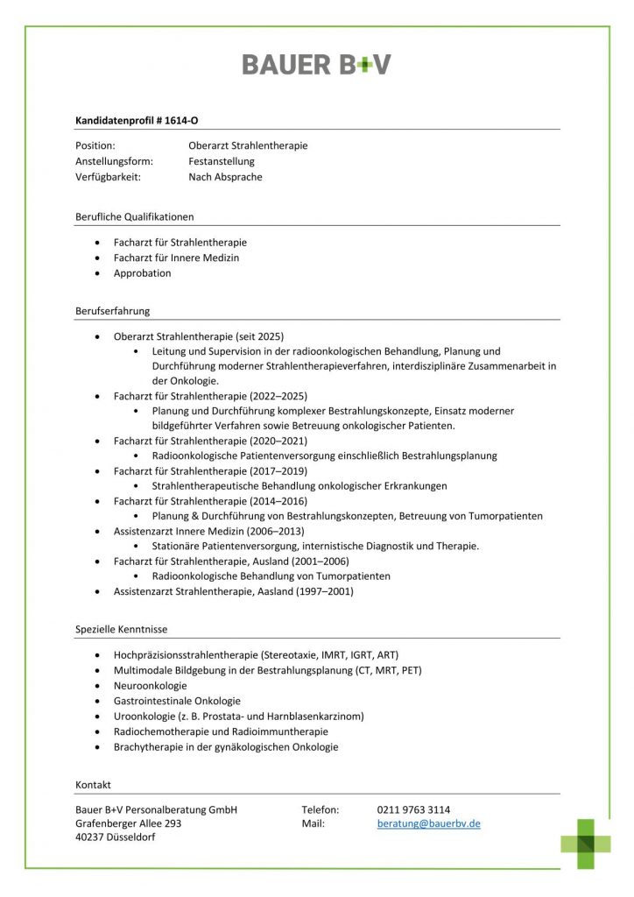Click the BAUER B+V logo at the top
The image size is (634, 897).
click(316, 64)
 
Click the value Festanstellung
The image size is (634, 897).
click(221, 161)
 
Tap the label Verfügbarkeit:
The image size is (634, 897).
click(108, 177)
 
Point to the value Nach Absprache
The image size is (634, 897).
click(225, 177)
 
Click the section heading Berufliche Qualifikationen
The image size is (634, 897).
click(135, 216)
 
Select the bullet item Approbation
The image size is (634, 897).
click(142, 273)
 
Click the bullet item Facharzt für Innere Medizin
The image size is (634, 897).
click(176, 258)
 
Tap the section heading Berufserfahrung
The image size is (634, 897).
click(113, 311)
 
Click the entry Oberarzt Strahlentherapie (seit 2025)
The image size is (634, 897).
click(199, 336)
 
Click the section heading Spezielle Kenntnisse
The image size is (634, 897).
click(122, 629)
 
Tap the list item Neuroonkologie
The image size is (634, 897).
click(150, 686)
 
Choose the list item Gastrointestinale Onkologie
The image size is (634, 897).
click(177, 701)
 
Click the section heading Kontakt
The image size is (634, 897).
click(94, 784)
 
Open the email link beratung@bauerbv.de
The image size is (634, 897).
click(428, 823)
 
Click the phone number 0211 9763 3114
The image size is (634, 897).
click(413, 809)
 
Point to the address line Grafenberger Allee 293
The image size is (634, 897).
click(129, 823)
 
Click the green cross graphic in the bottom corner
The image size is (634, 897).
click(586, 844)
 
